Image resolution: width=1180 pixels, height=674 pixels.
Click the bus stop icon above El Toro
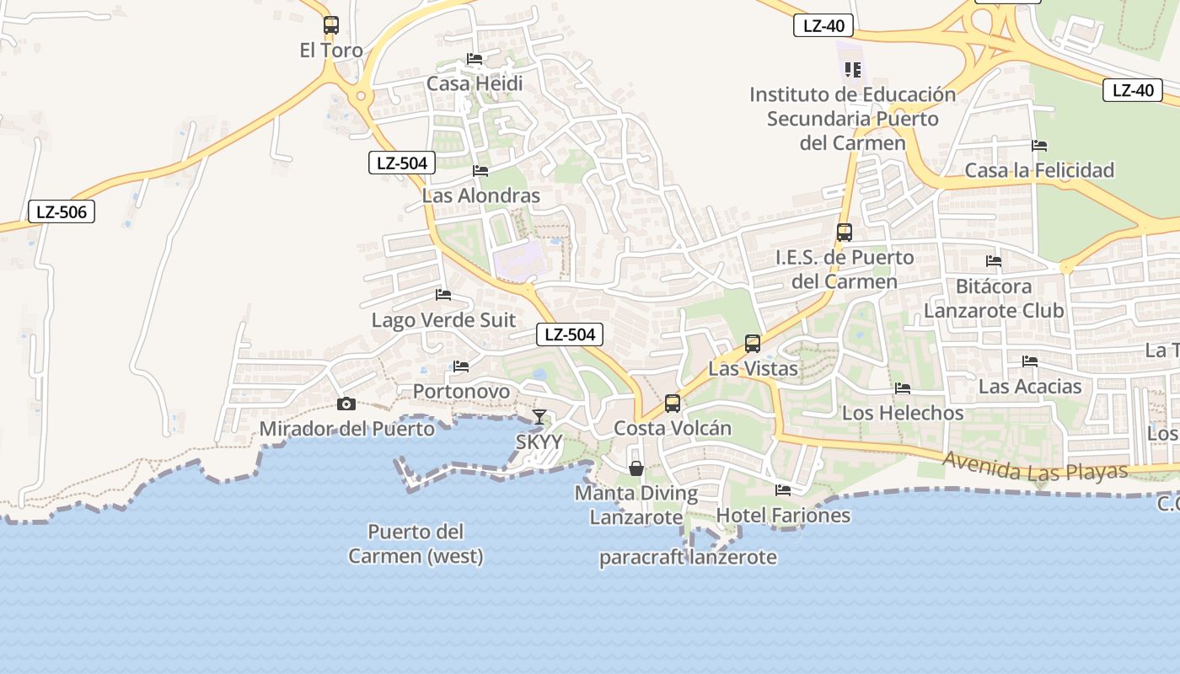(x=331, y=25)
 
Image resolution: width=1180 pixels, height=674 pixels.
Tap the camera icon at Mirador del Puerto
(x=346, y=404)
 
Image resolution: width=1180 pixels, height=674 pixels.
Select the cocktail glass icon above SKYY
(x=539, y=417)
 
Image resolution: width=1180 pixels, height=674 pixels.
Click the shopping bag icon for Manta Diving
(x=636, y=468)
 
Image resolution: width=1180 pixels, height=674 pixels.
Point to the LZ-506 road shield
(x=62, y=211)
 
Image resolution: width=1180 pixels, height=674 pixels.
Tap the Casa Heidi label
(x=475, y=83)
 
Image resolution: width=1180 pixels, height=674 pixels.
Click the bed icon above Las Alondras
(x=480, y=171)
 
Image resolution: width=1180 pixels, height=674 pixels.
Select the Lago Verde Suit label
(x=443, y=321)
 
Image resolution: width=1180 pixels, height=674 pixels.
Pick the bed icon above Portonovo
(x=461, y=366)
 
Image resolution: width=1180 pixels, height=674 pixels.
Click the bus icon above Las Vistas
(x=753, y=344)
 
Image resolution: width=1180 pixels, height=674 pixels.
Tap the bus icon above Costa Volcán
(x=672, y=404)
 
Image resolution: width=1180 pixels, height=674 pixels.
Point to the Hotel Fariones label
(x=783, y=515)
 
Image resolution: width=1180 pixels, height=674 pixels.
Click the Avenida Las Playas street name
(x=1035, y=467)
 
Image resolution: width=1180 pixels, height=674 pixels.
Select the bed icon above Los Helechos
(x=903, y=388)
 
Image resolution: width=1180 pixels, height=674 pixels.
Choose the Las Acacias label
(x=1030, y=387)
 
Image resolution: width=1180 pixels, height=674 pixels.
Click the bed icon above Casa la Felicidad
(x=1039, y=146)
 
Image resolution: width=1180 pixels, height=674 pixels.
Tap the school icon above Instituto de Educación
(x=852, y=70)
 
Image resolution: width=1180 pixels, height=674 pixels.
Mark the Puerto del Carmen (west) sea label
(x=416, y=543)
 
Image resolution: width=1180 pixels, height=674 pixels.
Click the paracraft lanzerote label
(x=688, y=558)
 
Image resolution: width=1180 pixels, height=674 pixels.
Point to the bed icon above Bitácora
(x=994, y=261)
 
